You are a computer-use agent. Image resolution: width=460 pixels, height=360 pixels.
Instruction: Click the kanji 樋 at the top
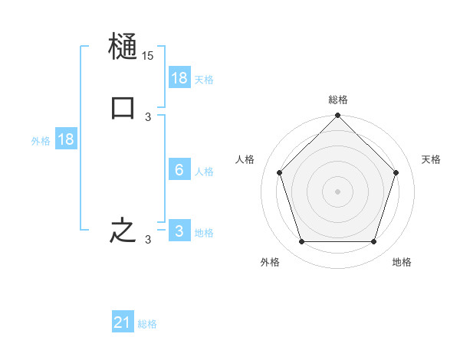coord(123,47)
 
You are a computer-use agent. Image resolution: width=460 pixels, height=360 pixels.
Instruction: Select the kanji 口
coord(123,108)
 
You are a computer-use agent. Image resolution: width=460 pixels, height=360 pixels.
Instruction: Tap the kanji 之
coord(123,231)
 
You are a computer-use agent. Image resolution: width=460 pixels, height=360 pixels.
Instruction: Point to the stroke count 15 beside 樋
coord(148,57)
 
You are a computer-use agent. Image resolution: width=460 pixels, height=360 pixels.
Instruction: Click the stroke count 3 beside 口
coord(148,117)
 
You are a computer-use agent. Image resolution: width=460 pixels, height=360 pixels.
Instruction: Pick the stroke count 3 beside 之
coord(148,240)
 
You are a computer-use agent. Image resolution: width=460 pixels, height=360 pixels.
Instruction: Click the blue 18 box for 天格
coord(179,77)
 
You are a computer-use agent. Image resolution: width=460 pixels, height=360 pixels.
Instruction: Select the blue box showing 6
coord(179,169)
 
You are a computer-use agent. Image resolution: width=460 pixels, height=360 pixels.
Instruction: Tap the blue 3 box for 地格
coord(179,231)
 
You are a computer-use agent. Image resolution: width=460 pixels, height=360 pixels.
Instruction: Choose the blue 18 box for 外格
coord(66,139)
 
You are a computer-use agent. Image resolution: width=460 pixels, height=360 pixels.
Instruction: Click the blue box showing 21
coord(123,322)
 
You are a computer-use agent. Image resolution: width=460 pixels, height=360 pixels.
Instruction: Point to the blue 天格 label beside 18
coord(204,79)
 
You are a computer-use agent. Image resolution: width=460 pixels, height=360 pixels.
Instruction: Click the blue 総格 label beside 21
coord(147,324)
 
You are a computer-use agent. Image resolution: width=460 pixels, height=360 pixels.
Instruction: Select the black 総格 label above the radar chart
coord(338,100)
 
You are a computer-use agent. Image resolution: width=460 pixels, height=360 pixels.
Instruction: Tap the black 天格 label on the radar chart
coord(432,159)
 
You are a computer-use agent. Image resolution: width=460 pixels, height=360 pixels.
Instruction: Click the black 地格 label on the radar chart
coord(402,262)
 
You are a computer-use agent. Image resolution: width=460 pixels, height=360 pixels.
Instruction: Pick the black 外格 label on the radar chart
coord(270,262)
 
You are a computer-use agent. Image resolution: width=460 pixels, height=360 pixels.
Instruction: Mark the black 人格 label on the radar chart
coord(245,159)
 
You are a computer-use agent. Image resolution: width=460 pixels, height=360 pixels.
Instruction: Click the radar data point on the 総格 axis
coord(338,116)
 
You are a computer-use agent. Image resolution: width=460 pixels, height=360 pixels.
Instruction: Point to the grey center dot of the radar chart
coord(338,191)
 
